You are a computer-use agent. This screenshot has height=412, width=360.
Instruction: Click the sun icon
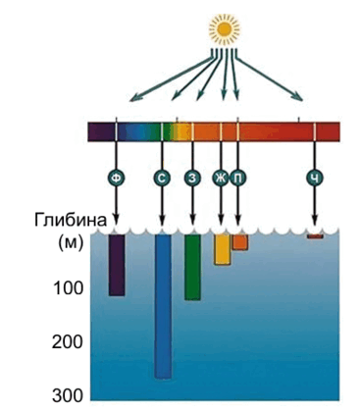coord(224,28)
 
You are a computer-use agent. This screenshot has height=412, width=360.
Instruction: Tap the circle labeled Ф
coord(116,179)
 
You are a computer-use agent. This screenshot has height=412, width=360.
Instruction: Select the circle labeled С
coord(162,179)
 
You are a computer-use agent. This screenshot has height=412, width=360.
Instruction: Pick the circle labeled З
coord(192,179)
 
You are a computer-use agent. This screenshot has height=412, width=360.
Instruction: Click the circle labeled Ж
coord(221,179)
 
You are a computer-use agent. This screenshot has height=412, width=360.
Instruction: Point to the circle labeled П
coord(238,179)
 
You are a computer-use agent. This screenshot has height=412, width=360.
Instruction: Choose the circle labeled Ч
coord(315,179)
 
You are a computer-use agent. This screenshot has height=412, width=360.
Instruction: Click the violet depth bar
coord(117,265)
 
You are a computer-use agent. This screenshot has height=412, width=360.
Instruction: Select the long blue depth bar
coord(163,306)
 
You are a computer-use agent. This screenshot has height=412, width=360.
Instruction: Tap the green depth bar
coord(192,267)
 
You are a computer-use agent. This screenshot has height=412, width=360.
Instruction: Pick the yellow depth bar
coord(223,249)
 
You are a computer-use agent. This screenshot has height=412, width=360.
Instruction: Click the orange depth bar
coord(240,242)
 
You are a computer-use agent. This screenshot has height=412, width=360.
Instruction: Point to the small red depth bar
coord(315,236)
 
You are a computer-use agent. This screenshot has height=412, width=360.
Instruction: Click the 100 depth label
coord(68,288)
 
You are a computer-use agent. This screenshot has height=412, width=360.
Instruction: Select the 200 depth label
coord(68,342)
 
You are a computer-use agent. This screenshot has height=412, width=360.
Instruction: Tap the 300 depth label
coord(68,396)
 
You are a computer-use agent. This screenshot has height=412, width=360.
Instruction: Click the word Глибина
coord(71,221)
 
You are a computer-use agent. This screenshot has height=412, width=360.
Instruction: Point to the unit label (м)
coord(71,243)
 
